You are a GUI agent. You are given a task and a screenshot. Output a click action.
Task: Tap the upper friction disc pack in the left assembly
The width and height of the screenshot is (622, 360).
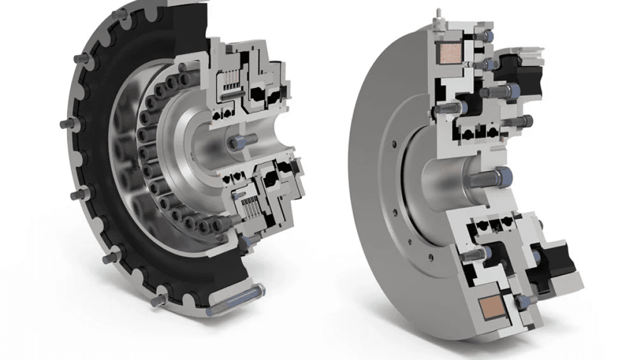click(x=229, y=83)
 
